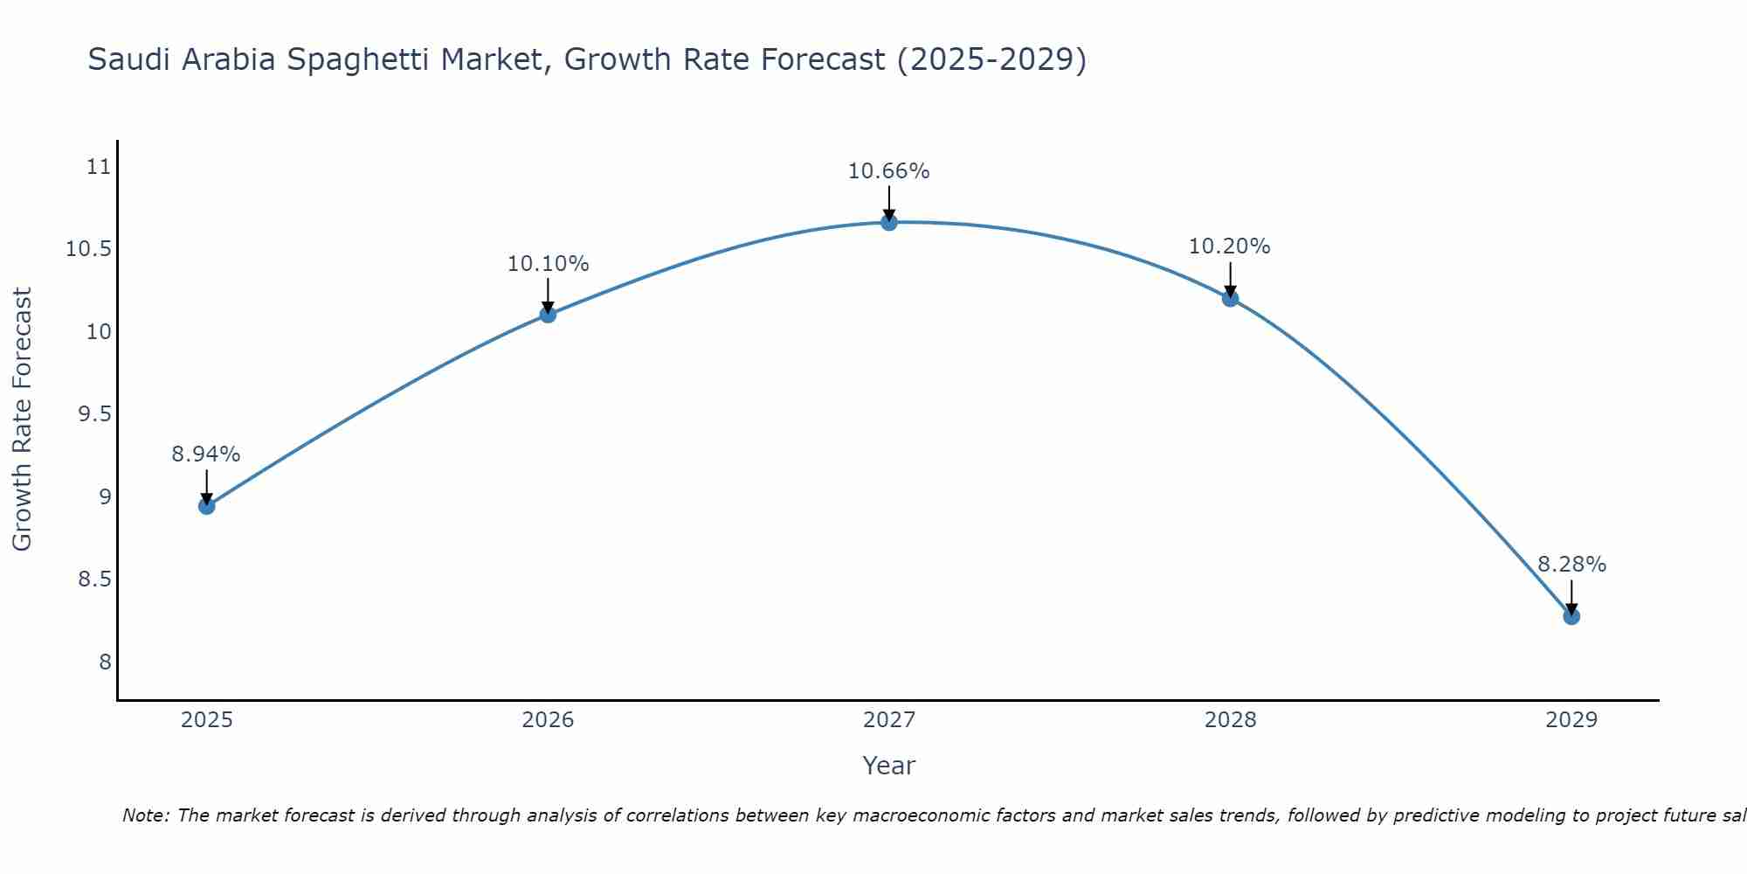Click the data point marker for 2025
(x=206, y=506)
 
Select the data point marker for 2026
(x=548, y=315)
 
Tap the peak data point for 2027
(x=889, y=223)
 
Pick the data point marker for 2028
(x=1230, y=298)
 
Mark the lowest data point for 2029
(x=1571, y=616)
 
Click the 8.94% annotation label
(x=206, y=454)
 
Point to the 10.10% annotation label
(x=548, y=264)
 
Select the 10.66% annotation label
(x=889, y=171)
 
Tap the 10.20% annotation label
(x=1230, y=246)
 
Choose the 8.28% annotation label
(x=1571, y=565)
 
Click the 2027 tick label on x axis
(x=889, y=720)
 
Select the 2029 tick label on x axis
(x=1571, y=720)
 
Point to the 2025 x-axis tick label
(x=206, y=720)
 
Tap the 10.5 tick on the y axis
(x=89, y=250)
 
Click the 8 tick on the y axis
(x=105, y=662)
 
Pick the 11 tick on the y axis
(x=100, y=167)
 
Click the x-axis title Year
(x=889, y=766)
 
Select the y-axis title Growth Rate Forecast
(x=23, y=420)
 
